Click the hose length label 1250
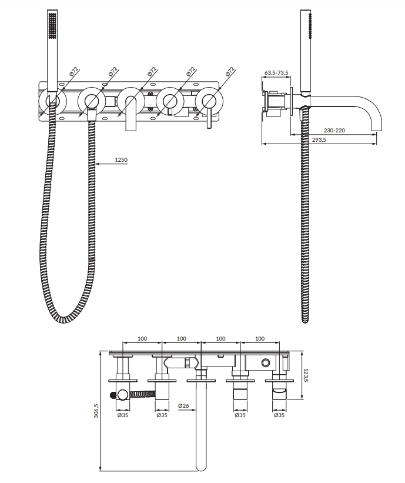coord(121,160)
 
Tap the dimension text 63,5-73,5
coord(276,73)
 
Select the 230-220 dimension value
coord(334,130)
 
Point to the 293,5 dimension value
coord(319,140)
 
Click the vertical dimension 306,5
coord(96,410)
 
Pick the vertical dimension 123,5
coord(306,375)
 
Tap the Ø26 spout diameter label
coord(183,406)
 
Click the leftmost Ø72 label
coord(75,71)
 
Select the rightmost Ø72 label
coord(230,71)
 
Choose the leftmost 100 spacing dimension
coord(142,338)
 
